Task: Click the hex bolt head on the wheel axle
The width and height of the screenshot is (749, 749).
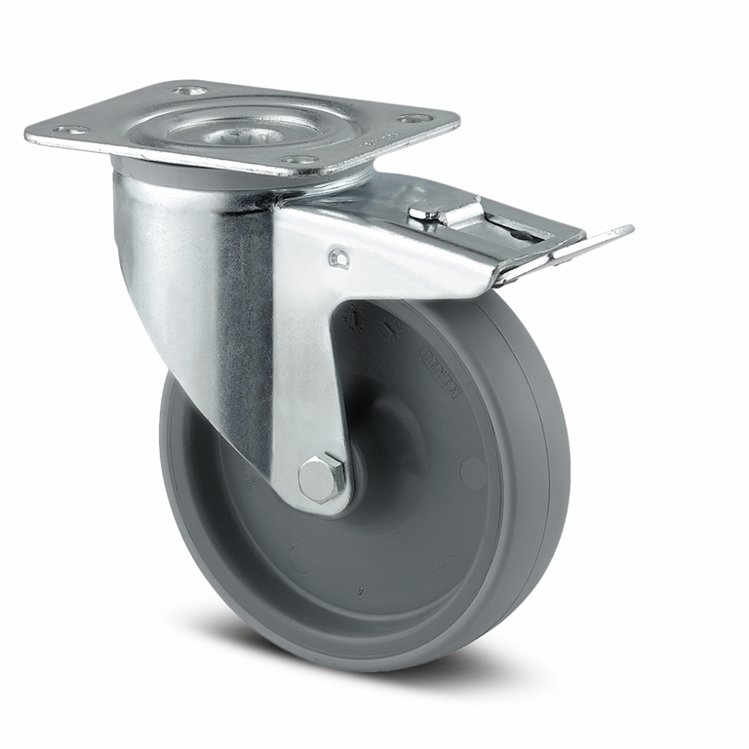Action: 323,478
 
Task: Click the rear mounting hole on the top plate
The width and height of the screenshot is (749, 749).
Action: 189,91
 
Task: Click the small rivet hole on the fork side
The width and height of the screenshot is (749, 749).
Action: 337,258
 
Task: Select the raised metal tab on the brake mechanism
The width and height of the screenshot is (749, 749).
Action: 444,209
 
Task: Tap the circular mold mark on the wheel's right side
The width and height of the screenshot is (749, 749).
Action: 473,473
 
